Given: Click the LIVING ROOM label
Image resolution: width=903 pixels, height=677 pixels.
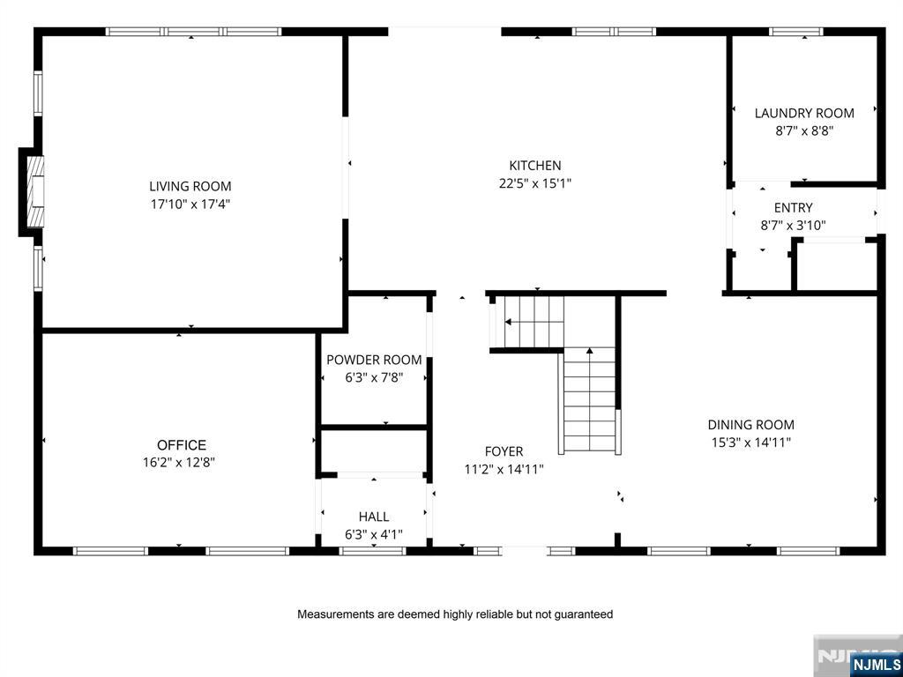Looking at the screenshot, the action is coord(190,187).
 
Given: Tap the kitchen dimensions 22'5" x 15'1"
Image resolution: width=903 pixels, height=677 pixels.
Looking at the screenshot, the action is coord(535,183).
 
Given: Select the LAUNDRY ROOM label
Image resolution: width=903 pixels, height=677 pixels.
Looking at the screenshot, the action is coord(804,113).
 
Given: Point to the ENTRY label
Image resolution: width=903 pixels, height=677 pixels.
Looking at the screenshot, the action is coord(794,207).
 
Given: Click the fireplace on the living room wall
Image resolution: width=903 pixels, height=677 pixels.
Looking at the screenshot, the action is coord(33,191).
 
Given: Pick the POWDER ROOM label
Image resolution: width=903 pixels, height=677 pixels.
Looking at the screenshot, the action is coord(374,360).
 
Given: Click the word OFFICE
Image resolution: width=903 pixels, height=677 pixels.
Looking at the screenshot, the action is coord(182,445).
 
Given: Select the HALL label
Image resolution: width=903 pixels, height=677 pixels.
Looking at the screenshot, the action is coord(374,517).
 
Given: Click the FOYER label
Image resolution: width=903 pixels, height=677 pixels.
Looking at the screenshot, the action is coord(504,452).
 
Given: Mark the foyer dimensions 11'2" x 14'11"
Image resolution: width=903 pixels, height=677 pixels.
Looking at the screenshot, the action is coord(504,470).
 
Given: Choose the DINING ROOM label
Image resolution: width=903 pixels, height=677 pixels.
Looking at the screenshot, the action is coord(751,425).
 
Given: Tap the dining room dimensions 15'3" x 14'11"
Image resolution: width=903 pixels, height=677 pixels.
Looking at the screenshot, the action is coord(751,443).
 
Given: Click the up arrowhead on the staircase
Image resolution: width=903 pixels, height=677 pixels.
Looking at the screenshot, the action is coord(590,350).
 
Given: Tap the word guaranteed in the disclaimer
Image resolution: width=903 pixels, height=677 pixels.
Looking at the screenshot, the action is coord(584,614).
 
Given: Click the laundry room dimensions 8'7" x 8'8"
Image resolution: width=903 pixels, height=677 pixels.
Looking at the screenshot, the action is coord(804,130).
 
